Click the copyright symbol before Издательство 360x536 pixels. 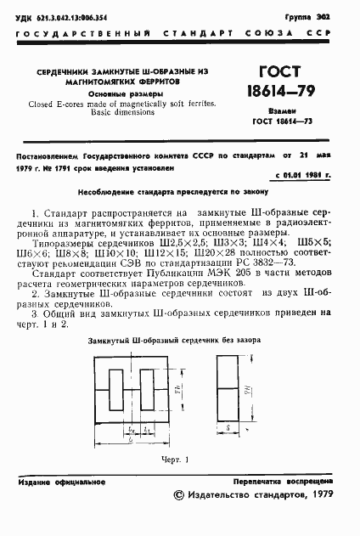point(177,518)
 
